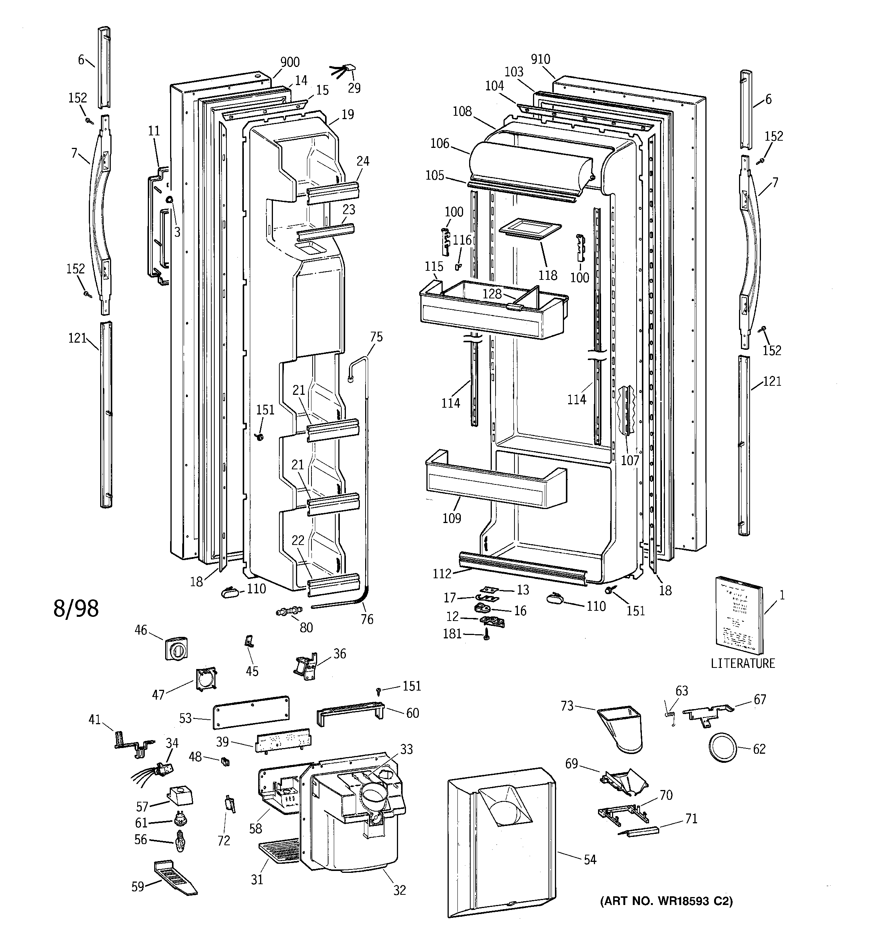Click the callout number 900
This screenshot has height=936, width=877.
[x=290, y=62]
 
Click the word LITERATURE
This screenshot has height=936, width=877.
[x=742, y=664]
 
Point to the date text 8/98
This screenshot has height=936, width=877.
[x=76, y=609]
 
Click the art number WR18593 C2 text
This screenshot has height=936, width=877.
[x=666, y=901]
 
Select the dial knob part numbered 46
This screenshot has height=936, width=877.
[x=177, y=649]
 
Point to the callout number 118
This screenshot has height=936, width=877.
[x=547, y=275]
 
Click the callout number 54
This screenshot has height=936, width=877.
[x=589, y=860]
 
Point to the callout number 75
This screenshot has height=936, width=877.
[x=376, y=337]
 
